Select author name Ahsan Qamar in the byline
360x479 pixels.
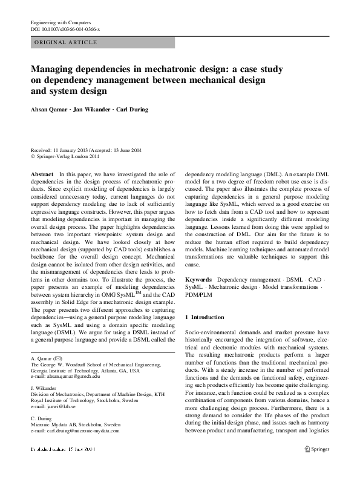pyautogui.click(x=51, y=110)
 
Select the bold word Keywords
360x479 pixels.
pyautogui.click(x=197, y=280)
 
